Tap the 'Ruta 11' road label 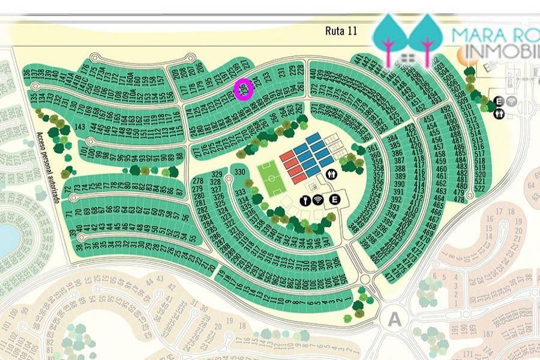pyautogui.click(x=341, y=31)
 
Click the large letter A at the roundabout pyautogui.click(x=394, y=320)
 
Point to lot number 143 pyautogui.click(x=79, y=127)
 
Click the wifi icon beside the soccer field pyautogui.click(x=317, y=200)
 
